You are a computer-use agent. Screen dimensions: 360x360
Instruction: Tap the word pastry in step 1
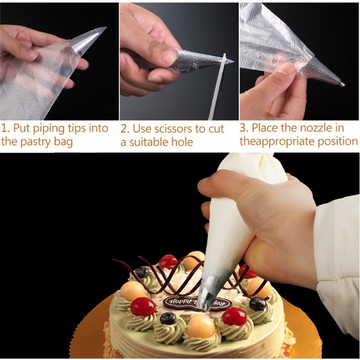(36, 142)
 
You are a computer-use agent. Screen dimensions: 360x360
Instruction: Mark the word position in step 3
(338, 141)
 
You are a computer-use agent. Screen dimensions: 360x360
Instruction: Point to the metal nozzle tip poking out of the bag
(342, 84)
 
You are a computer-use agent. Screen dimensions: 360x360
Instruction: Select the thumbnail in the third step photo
(285, 67)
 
